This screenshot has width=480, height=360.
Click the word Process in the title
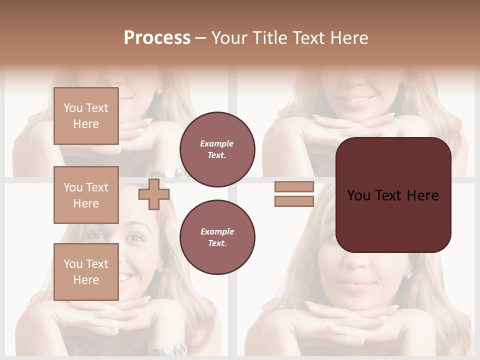[x=157, y=38]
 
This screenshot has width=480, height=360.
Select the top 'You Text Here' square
[x=86, y=116]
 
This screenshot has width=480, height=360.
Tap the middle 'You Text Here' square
[x=86, y=195]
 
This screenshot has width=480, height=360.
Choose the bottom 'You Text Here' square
[x=86, y=272]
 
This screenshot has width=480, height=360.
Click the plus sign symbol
[x=154, y=194]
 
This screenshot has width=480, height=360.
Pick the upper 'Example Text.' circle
[x=217, y=149]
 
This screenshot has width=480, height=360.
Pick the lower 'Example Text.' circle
[x=217, y=237]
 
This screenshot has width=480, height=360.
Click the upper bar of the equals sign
[x=294, y=186]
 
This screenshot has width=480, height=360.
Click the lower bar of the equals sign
[x=294, y=201]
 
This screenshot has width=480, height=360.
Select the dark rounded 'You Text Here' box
[x=393, y=195]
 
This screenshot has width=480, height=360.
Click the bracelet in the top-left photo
[x=175, y=172]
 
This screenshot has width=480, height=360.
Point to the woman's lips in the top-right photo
[x=356, y=100]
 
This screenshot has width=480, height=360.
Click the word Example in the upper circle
[x=217, y=144]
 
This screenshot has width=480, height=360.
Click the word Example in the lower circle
[x=217, y=232]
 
